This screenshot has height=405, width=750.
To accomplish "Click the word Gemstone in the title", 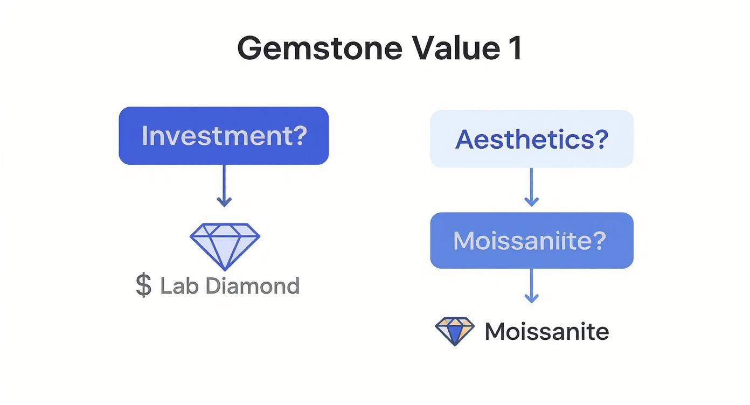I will tap(320, 49).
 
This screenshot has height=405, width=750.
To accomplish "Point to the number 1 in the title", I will tap(515, 49).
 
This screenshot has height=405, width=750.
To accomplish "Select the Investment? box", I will tap(224, 136).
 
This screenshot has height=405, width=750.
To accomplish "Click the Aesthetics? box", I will tap(531, 139).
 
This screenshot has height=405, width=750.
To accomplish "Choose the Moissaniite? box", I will tap(531, 240).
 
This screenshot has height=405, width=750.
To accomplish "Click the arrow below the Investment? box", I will tap(224, 186).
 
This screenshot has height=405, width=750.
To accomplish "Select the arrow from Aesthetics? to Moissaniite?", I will tap(531, 187).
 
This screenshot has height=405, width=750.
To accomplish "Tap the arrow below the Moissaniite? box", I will tap(531, 285).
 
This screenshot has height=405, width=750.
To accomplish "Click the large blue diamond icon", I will tap(225, 245).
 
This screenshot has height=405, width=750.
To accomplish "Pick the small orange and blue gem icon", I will tap(455, 331).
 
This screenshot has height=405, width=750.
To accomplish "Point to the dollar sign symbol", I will tap(143, 285).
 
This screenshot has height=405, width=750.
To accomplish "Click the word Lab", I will tap(179, 285).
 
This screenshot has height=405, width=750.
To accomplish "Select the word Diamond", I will tap(253, 285).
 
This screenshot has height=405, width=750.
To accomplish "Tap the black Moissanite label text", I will tap(546, 331).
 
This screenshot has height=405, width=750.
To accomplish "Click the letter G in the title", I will tap(252, 49).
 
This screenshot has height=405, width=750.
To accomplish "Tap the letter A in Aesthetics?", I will tap(465, 139).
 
